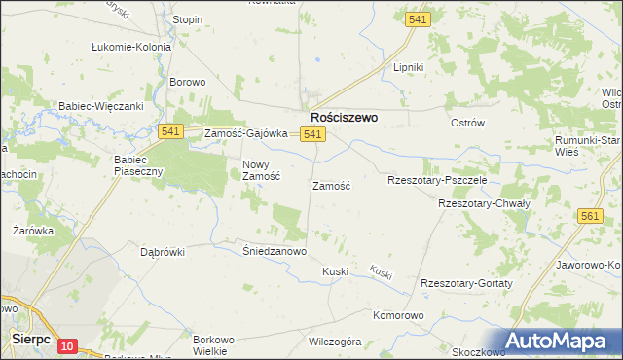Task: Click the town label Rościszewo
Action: tap(344, 116)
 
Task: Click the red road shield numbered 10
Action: tap(67, 345)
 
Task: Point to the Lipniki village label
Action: tap(408, 67)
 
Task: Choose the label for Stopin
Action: tap(187, 19)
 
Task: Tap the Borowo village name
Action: tap(188, 83)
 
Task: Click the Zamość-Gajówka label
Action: tap(245, 134)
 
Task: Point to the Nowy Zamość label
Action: tap(261, 170)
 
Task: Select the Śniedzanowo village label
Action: tap(275, 251)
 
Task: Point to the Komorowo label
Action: tap(399, 316)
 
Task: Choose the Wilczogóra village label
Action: tap(335, 342)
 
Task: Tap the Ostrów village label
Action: tap(467, 123)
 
